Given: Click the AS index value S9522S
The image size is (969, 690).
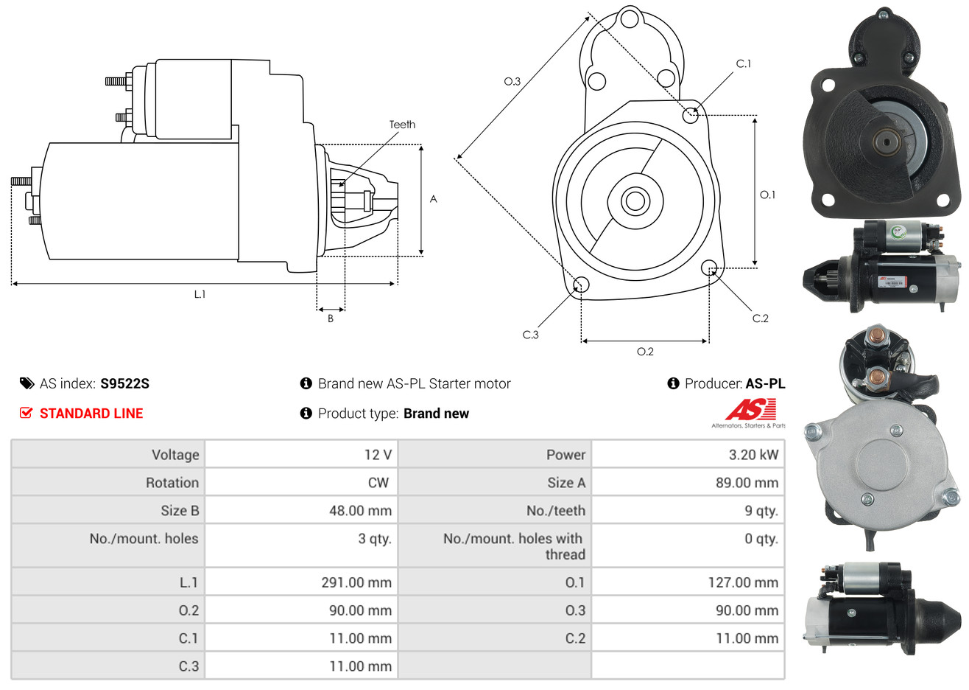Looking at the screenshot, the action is point(124,384).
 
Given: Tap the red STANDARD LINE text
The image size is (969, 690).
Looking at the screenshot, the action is point(91,414).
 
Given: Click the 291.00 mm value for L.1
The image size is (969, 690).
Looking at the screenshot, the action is point(356,582).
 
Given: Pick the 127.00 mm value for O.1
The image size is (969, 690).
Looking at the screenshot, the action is point(743,582).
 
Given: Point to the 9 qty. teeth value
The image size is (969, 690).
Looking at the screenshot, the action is point(761,511).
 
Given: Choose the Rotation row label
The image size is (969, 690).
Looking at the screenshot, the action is point(172,483).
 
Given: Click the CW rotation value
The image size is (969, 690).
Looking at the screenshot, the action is point(378,483).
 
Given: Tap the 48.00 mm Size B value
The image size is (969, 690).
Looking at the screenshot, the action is point(360,511).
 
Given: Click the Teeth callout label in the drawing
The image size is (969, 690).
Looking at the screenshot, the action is point(402,125).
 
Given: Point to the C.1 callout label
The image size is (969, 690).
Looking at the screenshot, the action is point(744,64).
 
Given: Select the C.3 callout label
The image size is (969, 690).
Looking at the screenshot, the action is point(531,335).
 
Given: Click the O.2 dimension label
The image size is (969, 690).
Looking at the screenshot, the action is point(645,352).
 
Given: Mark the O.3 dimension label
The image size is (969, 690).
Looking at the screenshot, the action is point(512,81).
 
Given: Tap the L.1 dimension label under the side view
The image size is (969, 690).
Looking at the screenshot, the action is point(200,295).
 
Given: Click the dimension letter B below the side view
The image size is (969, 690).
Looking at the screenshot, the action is point(331,318).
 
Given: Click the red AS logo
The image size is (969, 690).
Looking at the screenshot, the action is point(750,410).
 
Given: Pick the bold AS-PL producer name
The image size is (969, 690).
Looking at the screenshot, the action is point(765,384).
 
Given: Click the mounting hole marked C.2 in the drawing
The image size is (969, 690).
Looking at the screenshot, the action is point(709,268).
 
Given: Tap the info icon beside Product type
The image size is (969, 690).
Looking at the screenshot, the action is point(306,414).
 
